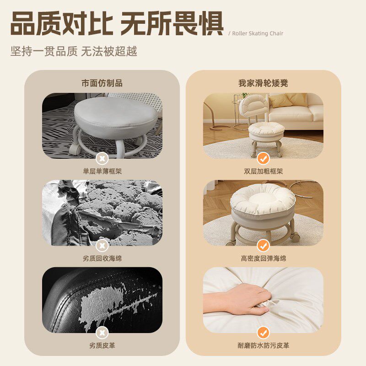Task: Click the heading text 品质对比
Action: [x=61, y=24]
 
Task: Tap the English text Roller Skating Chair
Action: [x=258, y=33]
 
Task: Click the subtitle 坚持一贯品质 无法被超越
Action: [x=74, y=51]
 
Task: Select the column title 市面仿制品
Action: [x=102, y=83]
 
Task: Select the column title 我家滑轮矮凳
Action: [x=263, y=83]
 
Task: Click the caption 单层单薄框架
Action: [x=102, y=171]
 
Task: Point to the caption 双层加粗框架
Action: [x=263, y=171]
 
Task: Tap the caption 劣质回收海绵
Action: [x=102, y=258]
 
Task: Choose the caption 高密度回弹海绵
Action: [x=263, y=258]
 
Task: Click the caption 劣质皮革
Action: [x=102, y=345]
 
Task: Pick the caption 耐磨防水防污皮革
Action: [x=263, y=345]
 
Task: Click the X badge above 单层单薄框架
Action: [x=102, y=158]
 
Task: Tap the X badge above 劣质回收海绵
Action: [x=102, y=245]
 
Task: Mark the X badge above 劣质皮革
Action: [x=102, y=332]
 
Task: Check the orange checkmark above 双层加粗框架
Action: [x=263, y=158]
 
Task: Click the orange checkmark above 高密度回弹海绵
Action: [x=263, y=245]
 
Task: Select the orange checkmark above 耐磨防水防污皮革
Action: [x=263, y=332]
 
